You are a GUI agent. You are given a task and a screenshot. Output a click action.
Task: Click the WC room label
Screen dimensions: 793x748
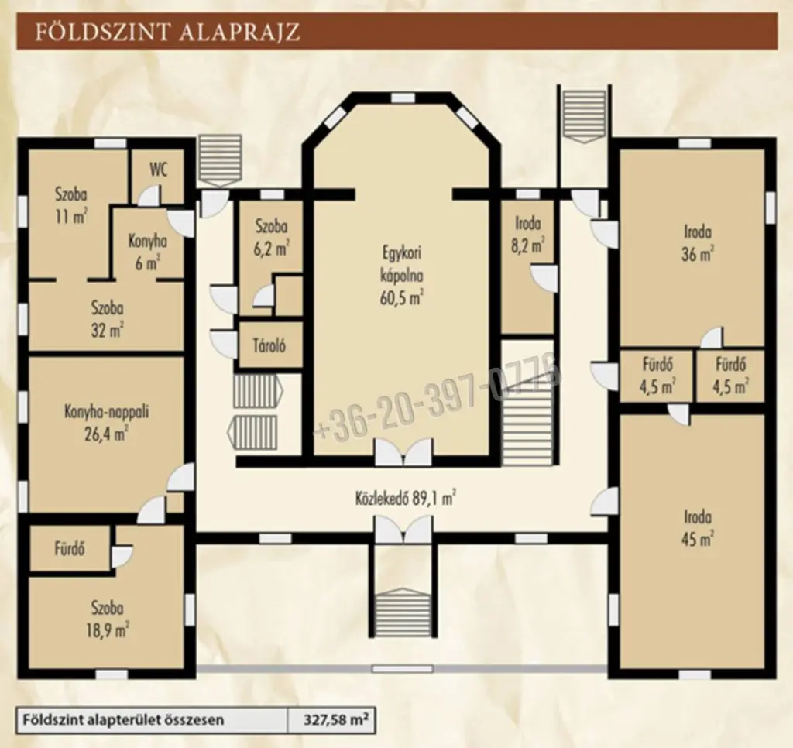[158, 170]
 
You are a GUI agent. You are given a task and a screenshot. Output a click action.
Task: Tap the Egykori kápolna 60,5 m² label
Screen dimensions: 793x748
[402, 276]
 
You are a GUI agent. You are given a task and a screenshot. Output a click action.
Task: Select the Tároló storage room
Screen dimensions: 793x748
[269, 346]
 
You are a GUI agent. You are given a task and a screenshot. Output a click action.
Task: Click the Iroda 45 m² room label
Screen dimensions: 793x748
[698, 528]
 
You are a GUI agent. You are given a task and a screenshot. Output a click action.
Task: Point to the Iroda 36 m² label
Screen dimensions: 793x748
[698, 243]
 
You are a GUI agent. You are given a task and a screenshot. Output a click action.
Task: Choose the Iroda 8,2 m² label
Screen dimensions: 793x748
[528, 235]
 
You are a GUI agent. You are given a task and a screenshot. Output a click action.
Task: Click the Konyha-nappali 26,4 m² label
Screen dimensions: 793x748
[106, 423]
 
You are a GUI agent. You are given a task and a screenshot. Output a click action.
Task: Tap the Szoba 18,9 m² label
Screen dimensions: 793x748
[107, 619]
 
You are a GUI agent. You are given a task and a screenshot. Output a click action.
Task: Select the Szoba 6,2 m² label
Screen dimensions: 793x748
[272, 237]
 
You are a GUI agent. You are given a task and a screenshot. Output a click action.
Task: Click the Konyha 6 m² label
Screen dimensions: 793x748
[147, 252]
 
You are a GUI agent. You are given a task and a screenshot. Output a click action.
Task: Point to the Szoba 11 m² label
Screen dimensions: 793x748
[70, 206]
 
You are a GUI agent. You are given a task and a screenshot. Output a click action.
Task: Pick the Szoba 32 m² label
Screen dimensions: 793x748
[107, 319]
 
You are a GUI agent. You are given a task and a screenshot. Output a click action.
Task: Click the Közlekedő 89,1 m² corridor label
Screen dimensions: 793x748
[405, 499]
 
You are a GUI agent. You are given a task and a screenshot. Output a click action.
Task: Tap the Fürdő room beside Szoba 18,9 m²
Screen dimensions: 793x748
[70, 549]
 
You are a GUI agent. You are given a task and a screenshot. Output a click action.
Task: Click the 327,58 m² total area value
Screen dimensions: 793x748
[336, 719]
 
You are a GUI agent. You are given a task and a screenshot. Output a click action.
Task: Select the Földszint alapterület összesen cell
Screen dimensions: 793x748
[123, 719]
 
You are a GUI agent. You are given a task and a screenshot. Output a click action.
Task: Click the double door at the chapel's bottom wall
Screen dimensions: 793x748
[403, 451]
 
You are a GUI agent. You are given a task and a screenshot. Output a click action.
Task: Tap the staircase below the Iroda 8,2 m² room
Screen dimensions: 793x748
[528, 402]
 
